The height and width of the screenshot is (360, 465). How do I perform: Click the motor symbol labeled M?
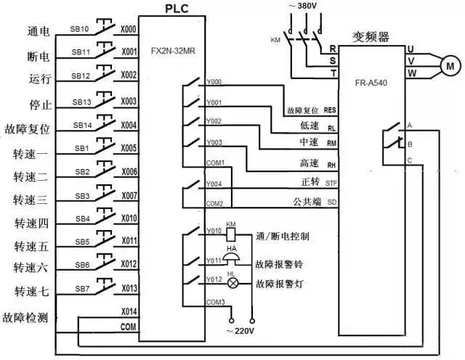pos(448,65)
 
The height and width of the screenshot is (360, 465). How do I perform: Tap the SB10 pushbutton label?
pos(81,30)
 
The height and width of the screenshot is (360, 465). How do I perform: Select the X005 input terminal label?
pos(128,148)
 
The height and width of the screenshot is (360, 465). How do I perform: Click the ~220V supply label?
pos(241,332)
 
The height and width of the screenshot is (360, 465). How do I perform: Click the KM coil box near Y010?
pos(231,235)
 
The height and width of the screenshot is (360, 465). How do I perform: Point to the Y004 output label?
pos(214,184)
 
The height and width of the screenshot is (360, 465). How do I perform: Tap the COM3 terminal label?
pos(216,302)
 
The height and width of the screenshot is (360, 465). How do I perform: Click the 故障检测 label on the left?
pos(27,318)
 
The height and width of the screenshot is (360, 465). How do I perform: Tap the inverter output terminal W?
pos(411,73)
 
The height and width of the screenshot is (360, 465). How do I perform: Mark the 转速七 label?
pos(31,291)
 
